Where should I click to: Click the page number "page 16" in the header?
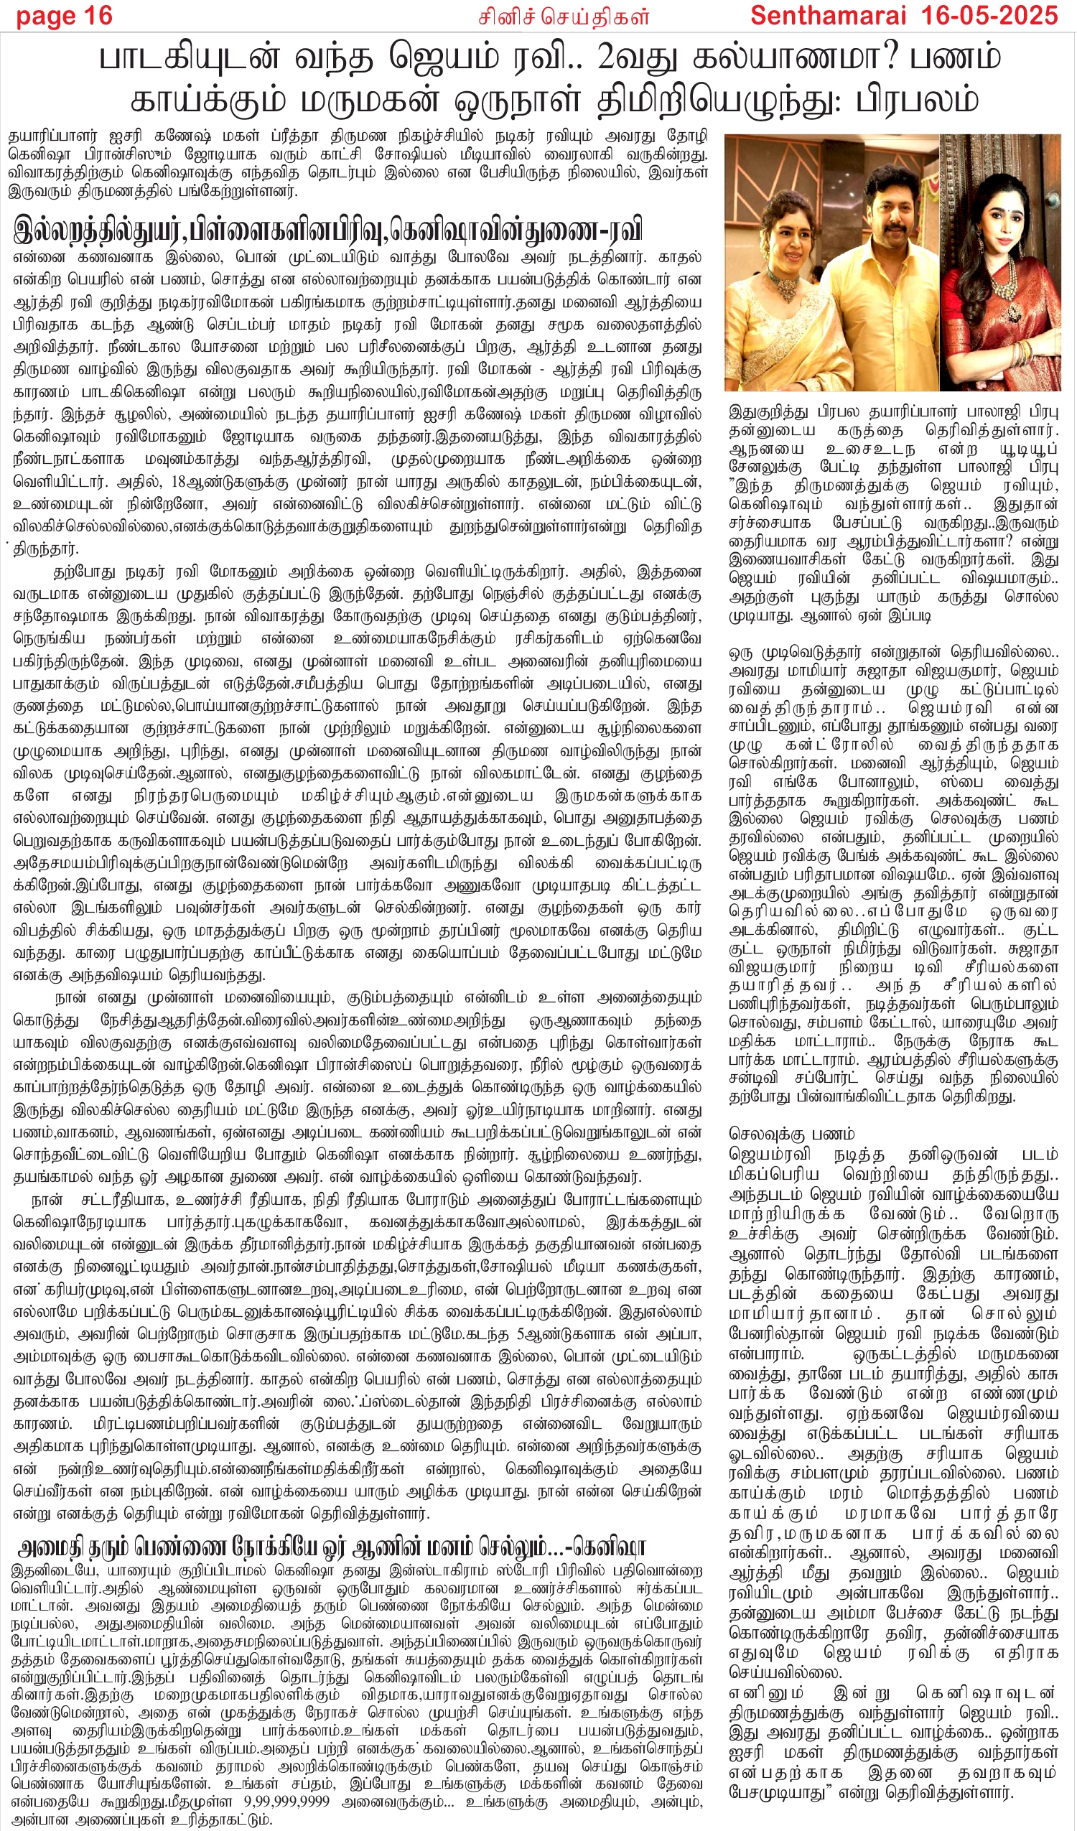(x=64, y=15)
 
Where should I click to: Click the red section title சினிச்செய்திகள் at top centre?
(x=562, y=16)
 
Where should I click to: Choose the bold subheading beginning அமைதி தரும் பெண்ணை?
(x=331, y=1545)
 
